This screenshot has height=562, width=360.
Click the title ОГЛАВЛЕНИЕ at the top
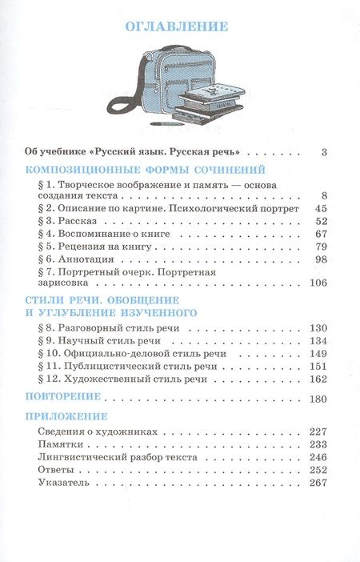[179, 27]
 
